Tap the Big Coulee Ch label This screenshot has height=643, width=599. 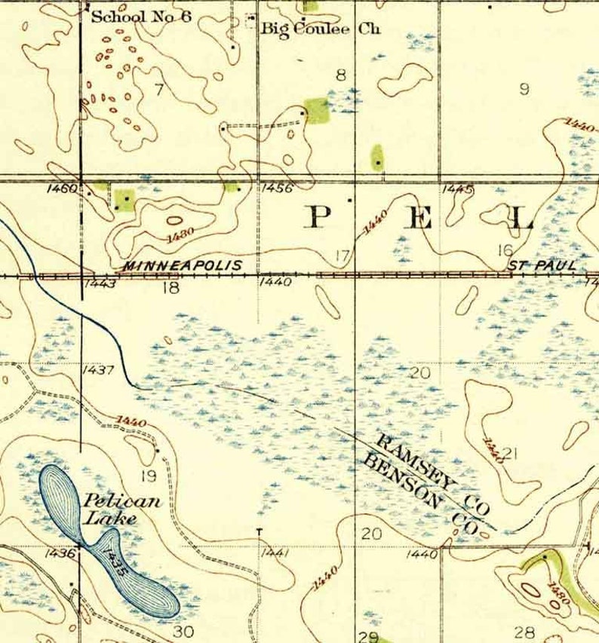[321, 29]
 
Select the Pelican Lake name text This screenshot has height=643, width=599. [112, 509]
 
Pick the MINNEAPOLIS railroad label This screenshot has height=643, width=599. [182, 265]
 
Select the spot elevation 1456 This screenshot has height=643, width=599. [278, 188]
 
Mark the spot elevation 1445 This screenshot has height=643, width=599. [457, 188]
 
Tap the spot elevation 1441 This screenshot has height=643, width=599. [274, 554]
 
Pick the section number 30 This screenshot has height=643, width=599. [183, 630]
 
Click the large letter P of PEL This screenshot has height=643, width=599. [319, 219]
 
